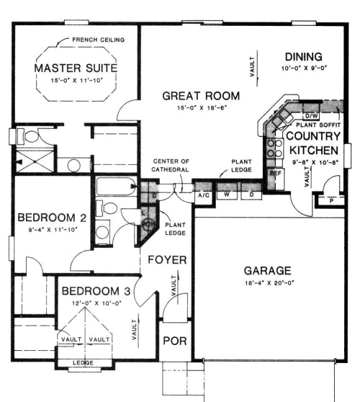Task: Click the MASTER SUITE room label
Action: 76,68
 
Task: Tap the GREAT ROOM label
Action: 201,95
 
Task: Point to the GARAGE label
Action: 267,271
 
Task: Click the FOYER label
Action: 168,259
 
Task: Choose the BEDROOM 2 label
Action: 52,218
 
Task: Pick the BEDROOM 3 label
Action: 96,292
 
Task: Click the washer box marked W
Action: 227,195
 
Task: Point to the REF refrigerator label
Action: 274,174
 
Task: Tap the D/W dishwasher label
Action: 312,115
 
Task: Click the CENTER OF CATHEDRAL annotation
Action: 171,165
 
